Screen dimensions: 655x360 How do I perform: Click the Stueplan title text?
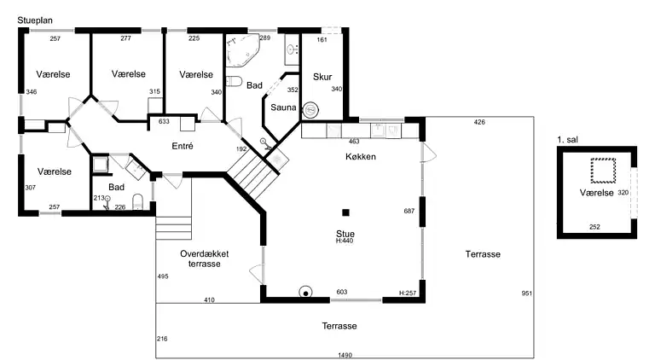pos(35,20)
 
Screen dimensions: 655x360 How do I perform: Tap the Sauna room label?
pos(283,107)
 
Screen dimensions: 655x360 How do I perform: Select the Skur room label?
pos(322,77)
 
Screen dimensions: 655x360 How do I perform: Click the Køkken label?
pos(361,157)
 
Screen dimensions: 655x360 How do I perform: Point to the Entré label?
pos(183,146)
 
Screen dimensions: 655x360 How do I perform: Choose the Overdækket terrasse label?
pos(205,258)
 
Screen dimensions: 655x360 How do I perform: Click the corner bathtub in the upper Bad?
pos(242,50)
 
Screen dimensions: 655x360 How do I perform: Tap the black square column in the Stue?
pos(345,212)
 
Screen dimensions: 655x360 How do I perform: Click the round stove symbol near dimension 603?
pos(306,293)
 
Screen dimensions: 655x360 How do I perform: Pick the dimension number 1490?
pos(345,356)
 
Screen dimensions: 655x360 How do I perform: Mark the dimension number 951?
pos(527,293)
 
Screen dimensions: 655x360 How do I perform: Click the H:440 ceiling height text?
pos(345,241)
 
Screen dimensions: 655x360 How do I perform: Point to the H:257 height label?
pos(408,293)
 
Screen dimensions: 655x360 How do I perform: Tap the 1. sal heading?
pos(568,140)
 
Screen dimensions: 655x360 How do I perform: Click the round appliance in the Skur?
pos(310,110)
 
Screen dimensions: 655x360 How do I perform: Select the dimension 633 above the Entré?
pos(164,121)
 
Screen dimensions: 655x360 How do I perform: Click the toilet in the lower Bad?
pos(138,201)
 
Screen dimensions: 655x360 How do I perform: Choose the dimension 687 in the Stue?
pos(409,211)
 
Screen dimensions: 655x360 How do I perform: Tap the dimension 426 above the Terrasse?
pos(479,122)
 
